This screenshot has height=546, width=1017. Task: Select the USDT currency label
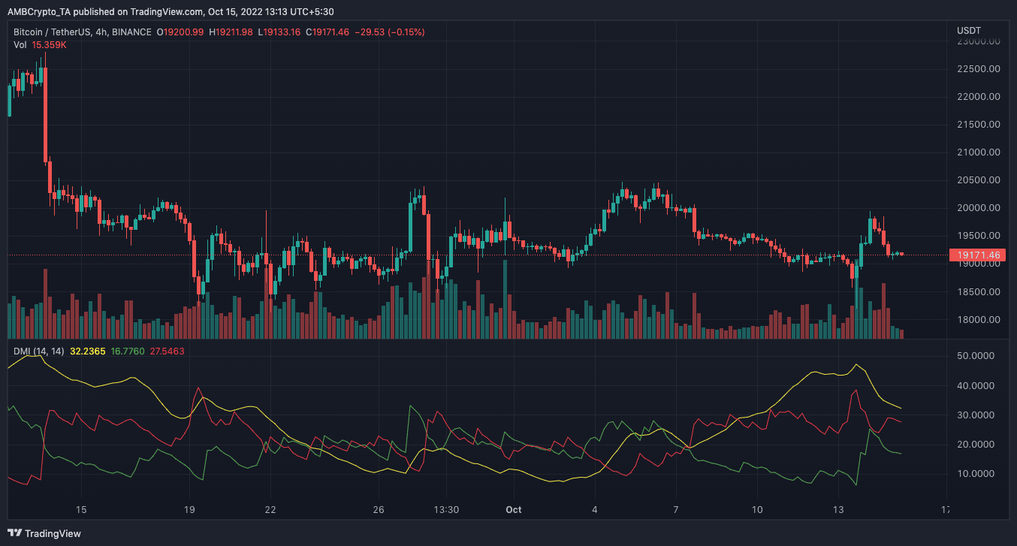[x=968, y=31]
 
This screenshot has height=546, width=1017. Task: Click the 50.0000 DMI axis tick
[x=977, y=356]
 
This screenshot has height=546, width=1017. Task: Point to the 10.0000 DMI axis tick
[x=977, y=474]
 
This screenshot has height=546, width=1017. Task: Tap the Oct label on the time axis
[x=514, y=509]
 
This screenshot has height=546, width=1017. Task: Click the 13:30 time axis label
[x=446, y=509]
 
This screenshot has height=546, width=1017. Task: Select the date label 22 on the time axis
[x=270, y=509]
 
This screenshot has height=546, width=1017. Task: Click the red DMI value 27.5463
[x=167, y=351]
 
